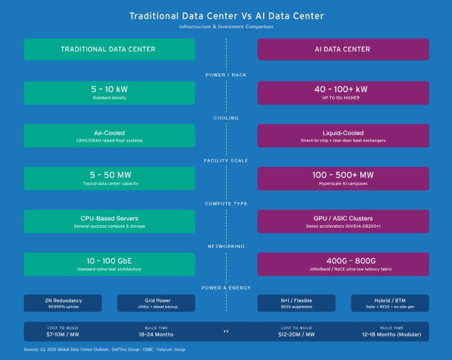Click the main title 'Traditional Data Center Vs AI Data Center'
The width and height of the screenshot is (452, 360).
[x=226, y=16]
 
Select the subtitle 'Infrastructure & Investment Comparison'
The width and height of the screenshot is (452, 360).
[x=226, y=27]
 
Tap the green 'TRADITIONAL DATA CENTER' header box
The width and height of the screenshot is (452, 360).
[x=109, y=50]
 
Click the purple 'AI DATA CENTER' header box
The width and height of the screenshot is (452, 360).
[x=343, y=50]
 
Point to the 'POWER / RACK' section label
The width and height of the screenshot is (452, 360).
[x=226, y=75]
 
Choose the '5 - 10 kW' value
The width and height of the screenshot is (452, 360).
[x=109, y=90]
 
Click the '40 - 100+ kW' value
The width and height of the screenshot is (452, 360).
[x=343, y=90]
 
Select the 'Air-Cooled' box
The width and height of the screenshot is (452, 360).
[x=109, y=135]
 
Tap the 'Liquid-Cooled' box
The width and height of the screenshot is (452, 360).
[x=343, y=135]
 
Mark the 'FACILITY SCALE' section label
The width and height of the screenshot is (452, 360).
[x=226, y=161]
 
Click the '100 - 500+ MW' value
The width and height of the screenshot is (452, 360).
[x=343, y=175]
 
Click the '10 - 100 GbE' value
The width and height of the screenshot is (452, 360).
[x=109, y=260]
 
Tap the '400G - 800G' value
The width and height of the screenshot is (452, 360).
[x=343, y=260]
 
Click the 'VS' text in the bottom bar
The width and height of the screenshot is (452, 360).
[x=226, y=331]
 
